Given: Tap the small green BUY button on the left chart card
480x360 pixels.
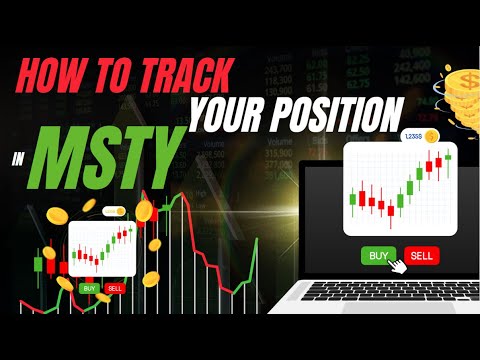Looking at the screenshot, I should coord(90,288).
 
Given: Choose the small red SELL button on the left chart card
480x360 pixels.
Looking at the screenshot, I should coord(114,288).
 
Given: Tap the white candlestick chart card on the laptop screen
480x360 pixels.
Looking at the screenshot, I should coord(399,190).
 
